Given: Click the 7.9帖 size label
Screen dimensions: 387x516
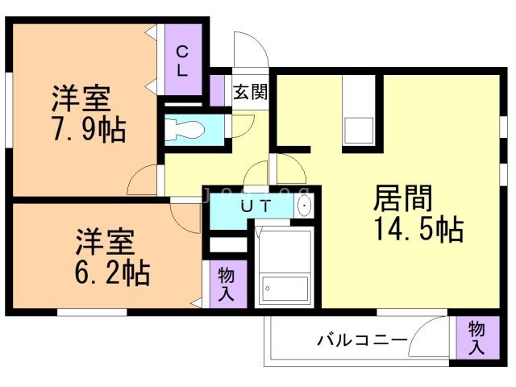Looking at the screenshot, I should (88, 129).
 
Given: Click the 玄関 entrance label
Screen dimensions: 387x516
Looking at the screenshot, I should (250, 91).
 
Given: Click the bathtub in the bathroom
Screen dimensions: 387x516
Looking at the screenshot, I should (284, 287).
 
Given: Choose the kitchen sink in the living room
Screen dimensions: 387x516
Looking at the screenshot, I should (358, 130).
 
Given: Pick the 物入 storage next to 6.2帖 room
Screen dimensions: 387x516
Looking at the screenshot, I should (227, 285).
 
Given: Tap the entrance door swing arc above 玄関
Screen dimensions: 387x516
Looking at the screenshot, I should (251, 52).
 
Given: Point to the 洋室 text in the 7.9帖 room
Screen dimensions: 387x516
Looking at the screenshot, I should (81, 99).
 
